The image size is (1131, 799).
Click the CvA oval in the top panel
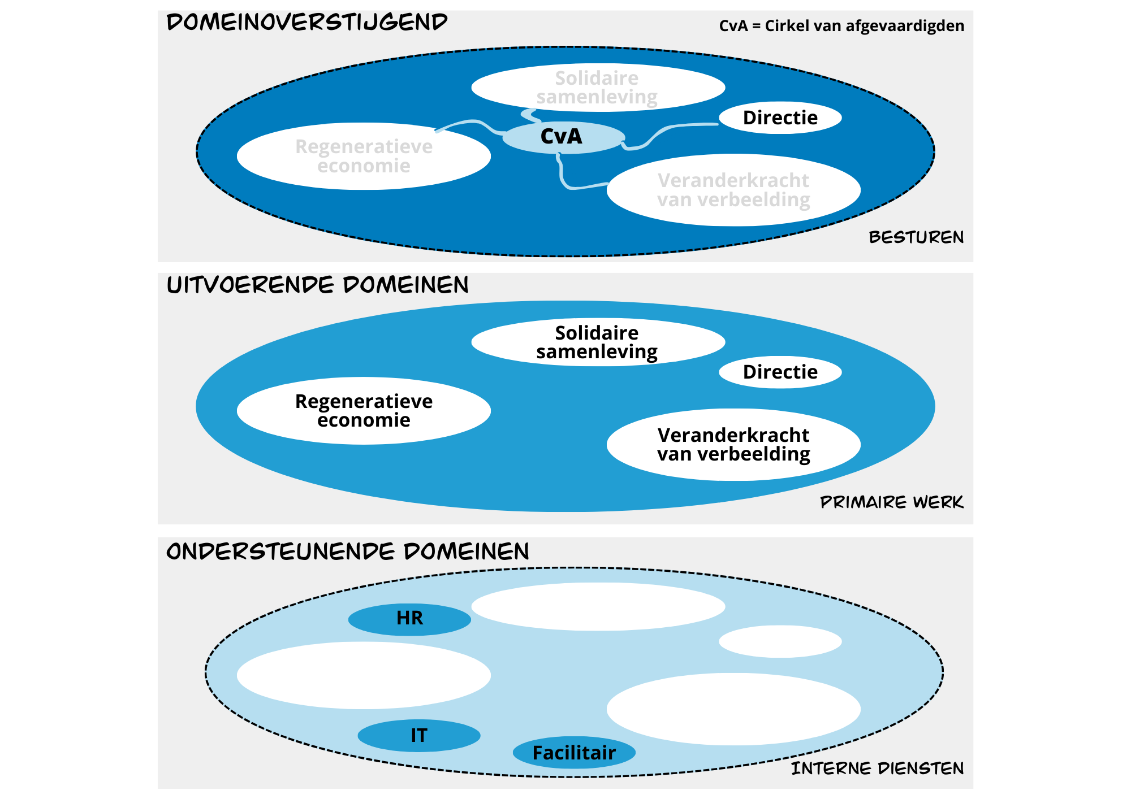[x=563, y=137]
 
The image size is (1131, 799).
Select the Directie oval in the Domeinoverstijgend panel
[x=780, y=118]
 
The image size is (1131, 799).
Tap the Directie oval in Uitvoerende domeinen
[x=780, y=372]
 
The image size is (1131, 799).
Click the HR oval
[x=409, y=619]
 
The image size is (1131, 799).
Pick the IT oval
[x=419, y=736]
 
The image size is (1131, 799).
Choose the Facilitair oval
[x=574, y=753]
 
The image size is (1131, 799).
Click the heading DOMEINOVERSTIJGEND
[x=307, y=23]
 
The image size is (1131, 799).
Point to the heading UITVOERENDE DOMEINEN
[x=318, y=285]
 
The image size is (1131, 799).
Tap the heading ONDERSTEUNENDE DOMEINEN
[x=348, y=552]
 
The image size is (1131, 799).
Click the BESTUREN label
[x=916, y=237]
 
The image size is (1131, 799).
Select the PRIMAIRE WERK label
[x=892, y=502]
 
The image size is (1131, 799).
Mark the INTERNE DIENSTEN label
[x=877, y=768]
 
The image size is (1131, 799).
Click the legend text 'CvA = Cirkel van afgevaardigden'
[x=841, y=26]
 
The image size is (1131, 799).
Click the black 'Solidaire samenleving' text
[x=597, y=342]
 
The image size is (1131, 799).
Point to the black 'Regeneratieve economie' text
[x=364, y=411]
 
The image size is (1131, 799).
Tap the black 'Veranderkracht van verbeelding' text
[x=733, y=445]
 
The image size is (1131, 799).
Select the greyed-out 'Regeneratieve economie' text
[x=364, y=156]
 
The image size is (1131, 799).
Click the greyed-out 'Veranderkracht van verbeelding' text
[x=733, y=190]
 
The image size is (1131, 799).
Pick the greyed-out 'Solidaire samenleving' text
[x=597, y=88]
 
